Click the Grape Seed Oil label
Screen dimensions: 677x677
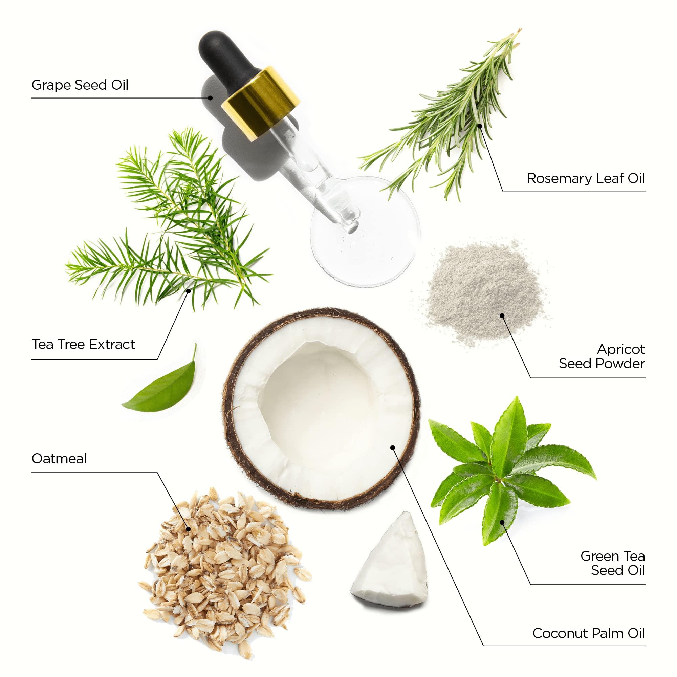[x=80, y=85]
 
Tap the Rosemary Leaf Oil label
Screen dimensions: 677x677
[x=586, y=178]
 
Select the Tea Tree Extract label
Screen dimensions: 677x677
[x=83, y=344]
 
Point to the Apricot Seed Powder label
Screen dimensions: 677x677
[x=602, y=356]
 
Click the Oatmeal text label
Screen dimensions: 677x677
[x=59, y=458]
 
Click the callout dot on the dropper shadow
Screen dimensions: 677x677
[x=210, y=98]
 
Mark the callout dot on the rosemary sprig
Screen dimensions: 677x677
[x=480, y=125]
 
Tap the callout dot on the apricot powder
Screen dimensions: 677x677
[x=502, y=316]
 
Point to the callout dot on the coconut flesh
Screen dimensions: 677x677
[x=392, y=447]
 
